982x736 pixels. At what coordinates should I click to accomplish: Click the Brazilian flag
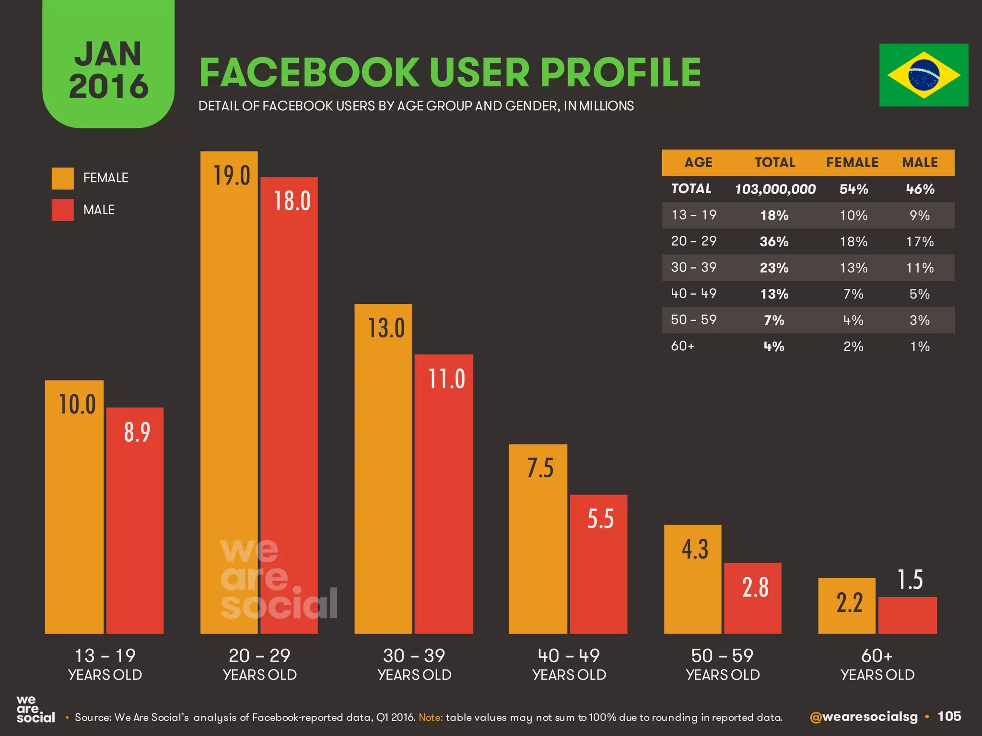pyautogui.click(x=924, y=75)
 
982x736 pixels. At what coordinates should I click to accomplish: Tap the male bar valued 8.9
pyautogui.click(x=135, y=522)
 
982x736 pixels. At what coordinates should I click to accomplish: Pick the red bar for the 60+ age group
pyautogui.click(x=907, y=615)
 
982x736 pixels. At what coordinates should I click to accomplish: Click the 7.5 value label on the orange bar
pyautogui.click(x=540, y=468)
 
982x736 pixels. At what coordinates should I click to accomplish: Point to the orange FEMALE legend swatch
pyautogui.click(x=63, y=178)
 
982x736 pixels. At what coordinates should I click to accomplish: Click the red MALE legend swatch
pyautogui.click(x=63, y=210)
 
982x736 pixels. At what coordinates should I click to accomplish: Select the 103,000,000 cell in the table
pyautogui.click(x=775, y=189)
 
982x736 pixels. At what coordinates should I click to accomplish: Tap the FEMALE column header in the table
pyautogui.click(x=852, y=162)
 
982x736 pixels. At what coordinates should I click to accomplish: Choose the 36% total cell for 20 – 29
pyautogui.click(x=774, y=241)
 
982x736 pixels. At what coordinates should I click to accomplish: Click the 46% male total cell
pyautogui.click(x=920, y=189)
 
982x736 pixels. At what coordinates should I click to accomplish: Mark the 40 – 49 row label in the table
pyautogui.click(x=693, y=293)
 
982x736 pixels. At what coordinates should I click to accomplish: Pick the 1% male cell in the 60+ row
pyautogui.click(x=920, y=346)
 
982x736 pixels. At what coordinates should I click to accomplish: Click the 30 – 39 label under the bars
pyautogui.click(x=414, y=655)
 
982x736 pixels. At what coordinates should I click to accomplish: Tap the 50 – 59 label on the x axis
pyautogui.click(x=722, y=655)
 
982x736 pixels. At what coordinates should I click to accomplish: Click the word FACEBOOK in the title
pyautogui.click(x=310, y=73)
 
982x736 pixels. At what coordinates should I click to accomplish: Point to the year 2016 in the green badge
pyautogui.click(x=109, y=87)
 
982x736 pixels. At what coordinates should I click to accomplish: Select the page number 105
pyautogui.click(x=949, y=716)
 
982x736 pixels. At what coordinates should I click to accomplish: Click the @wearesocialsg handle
pyautogui.click(x=863, y=717)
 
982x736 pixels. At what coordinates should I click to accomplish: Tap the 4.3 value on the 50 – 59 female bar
pyautogui.click(x=694, y=549)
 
